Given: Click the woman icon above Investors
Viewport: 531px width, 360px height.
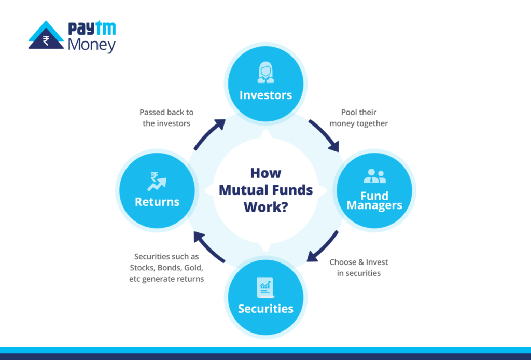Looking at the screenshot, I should point(265,73).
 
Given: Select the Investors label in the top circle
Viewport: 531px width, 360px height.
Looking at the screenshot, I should point(265,95).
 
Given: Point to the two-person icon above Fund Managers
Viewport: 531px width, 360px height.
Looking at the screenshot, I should point(374,176).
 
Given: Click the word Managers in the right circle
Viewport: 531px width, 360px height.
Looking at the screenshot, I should point(374,205).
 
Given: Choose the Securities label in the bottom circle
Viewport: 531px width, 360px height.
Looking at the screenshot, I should point(265,309).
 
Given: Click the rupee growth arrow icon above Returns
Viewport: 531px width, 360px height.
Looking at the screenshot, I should point(157,181).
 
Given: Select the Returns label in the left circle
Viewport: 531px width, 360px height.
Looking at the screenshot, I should point(157,202).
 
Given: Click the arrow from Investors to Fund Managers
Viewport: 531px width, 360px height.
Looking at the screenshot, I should point(324,135).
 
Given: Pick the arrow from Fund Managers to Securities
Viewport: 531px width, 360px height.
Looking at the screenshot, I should point(323,246).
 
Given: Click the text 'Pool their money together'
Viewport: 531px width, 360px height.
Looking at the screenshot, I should point(359,118).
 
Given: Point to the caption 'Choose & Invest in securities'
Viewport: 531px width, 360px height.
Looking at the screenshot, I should point(359,268).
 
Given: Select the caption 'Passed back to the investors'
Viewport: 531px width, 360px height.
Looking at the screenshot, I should point(166,118).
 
